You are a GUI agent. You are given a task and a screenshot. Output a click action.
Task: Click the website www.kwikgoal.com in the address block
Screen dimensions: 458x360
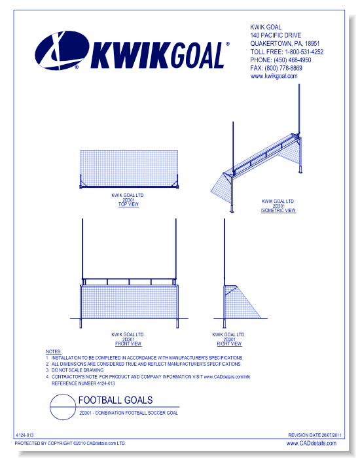[274, 76]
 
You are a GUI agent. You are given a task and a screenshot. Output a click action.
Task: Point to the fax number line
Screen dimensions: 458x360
[276, 68]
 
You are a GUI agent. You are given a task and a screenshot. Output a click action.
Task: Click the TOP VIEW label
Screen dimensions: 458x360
[128, 204]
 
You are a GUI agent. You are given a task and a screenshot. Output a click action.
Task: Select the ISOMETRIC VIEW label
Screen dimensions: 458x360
[278, 211]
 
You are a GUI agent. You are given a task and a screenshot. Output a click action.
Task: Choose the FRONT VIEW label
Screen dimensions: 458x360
[128, 343]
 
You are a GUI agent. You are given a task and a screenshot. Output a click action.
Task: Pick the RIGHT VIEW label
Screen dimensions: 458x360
[229, 343]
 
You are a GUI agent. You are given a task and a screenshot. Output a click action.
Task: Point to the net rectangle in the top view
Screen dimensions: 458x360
[128, 169]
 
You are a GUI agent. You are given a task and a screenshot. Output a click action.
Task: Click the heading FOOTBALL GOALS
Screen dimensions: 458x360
[115, 400]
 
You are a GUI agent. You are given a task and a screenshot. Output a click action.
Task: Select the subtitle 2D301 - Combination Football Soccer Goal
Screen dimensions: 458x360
[128, 413]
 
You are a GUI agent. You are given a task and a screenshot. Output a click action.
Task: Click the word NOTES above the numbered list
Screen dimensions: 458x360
[53, 352]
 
